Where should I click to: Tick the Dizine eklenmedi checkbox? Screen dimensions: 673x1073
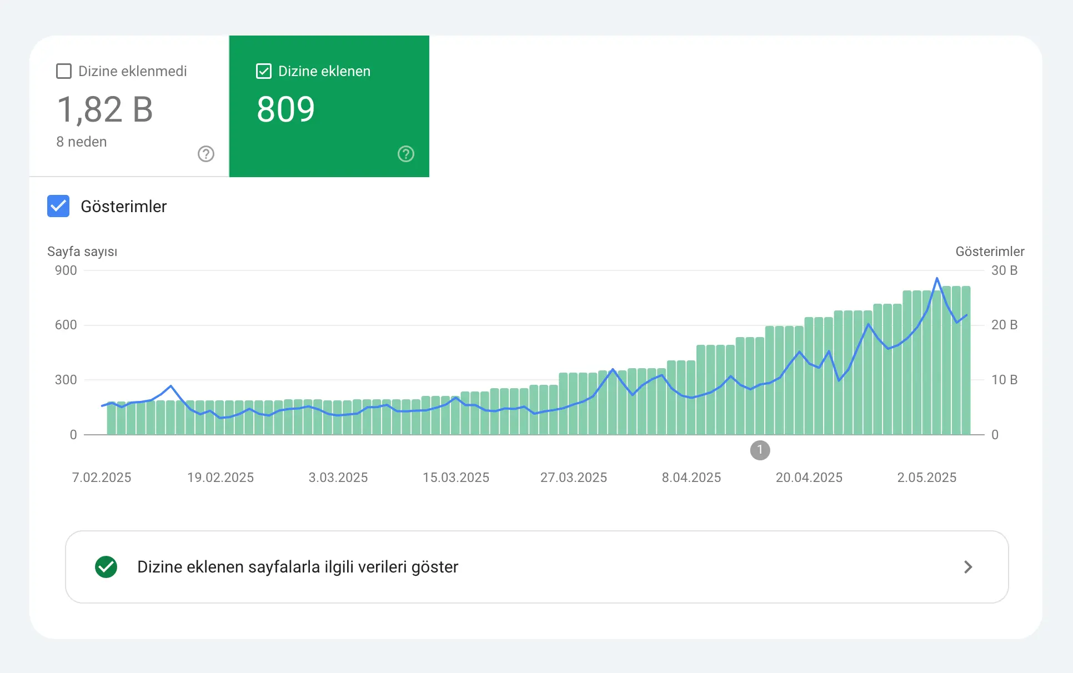click(x=64, y=71)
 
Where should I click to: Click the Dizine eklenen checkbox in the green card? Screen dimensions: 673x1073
click(x=264, y=71)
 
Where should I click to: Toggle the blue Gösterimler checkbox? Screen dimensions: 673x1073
click(x=58, y=206)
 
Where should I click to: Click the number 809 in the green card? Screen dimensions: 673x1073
click(x=285, y=109)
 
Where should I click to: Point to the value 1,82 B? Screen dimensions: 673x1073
click(x=105, y=109)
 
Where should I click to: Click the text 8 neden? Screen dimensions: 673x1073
click(x=82, y=142)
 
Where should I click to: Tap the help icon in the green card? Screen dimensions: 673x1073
click(x=406, y=154)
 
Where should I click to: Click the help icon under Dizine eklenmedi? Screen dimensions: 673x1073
click(x=206, y=154)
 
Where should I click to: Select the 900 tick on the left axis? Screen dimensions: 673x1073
click(x=66, y=270)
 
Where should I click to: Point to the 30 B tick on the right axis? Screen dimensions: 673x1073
click(x=1004, y=270)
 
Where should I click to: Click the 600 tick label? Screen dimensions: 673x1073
click(x=66, y=325)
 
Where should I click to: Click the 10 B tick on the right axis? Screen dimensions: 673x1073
click(x=1004, y=380)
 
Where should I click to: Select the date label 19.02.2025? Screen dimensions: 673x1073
click(x=220, y=478)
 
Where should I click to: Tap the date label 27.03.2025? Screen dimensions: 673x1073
click(x=574, y=478)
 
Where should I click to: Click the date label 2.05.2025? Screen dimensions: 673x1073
click(x=926, y=478)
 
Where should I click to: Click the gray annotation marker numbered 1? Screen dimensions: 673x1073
click(x=760, y=450)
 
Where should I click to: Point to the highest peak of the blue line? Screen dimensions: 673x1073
click(x=937, y=278)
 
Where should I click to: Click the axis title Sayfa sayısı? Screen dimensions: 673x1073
click(x=82, y=252)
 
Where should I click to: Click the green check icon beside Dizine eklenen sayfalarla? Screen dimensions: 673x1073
click(x=106, y=567)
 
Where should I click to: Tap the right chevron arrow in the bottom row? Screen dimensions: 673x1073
click(x=968, y=567)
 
